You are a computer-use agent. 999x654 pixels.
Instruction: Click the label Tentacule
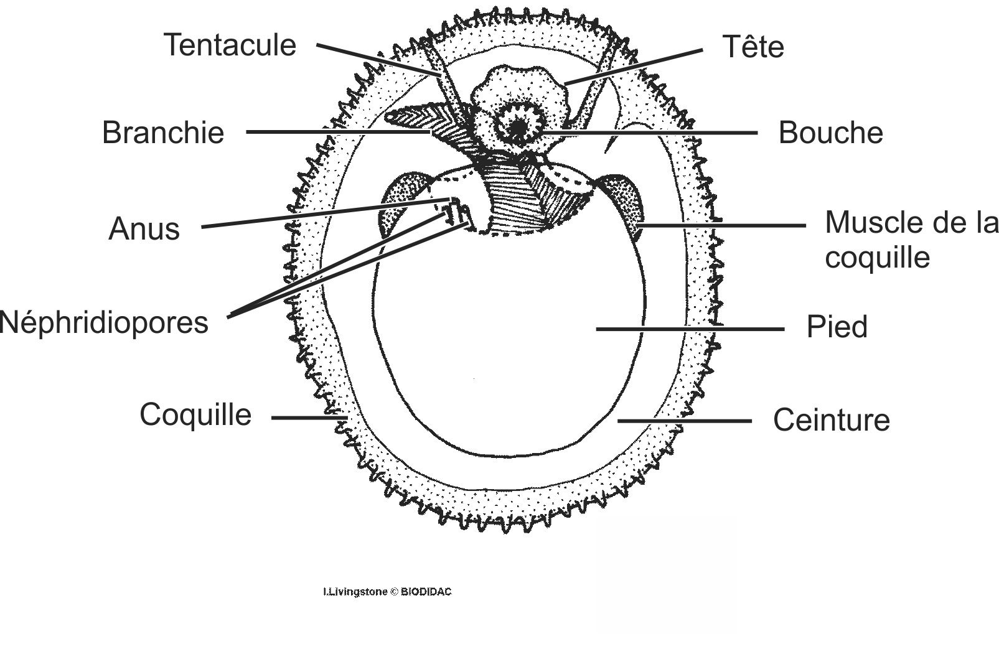point(230,45)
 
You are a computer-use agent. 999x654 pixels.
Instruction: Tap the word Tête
point(753,47)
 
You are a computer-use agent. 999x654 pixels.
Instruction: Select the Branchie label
point(163,133)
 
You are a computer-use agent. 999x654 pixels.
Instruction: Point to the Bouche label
point(830,133)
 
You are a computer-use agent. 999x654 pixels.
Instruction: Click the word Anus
point(144,229)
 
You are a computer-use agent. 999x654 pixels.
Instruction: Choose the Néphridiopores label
point(105,323)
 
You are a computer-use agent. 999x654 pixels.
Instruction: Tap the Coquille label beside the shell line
point(195,414)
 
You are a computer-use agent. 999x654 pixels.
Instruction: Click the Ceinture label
point(831,420)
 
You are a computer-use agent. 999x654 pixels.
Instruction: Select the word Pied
point(837,327)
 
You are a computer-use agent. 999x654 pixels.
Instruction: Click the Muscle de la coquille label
point(911,240)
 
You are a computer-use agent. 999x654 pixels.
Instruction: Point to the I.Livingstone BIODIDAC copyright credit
point(387,592)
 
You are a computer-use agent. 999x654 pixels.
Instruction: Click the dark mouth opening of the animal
point(518,128)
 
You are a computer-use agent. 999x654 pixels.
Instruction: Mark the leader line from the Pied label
point(690,329)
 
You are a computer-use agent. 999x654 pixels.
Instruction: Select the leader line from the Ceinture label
point(685,421)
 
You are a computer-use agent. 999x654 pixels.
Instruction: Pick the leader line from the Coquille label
point(308,418)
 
